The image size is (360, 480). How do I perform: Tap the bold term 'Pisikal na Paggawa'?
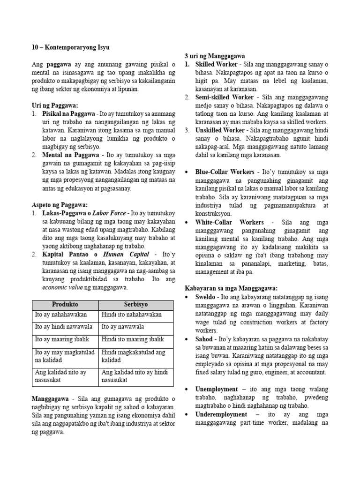69,114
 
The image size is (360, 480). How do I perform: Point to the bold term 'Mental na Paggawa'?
71,154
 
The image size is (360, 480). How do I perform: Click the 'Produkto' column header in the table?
65,304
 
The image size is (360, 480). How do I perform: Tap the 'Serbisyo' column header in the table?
136,304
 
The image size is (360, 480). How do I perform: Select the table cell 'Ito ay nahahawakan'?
61,315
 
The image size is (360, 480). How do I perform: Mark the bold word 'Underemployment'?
221,415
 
